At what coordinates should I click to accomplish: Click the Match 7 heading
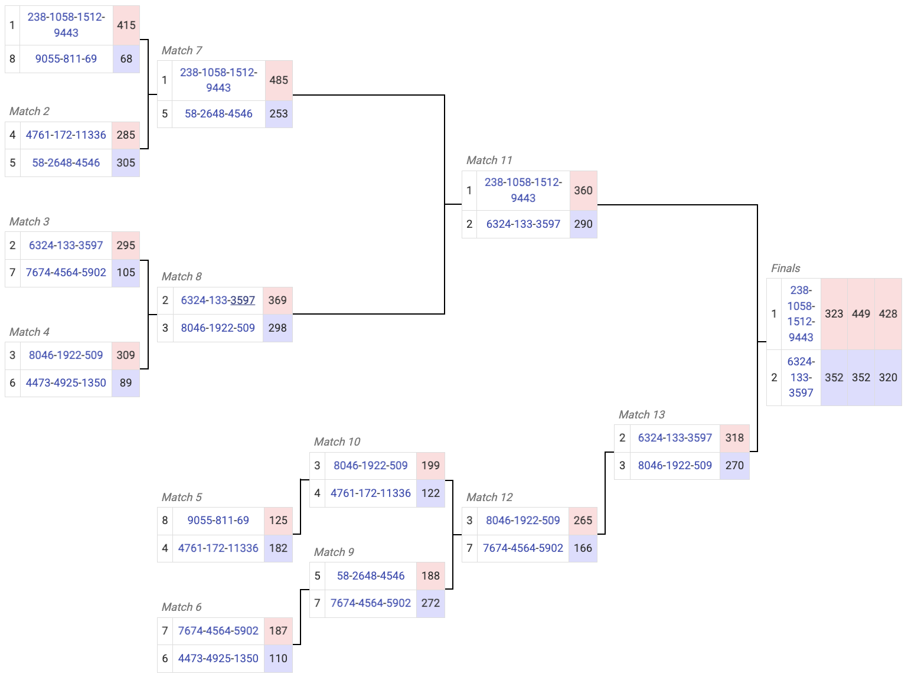(x=182, y=51)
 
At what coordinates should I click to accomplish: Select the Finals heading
(x=785, y=269)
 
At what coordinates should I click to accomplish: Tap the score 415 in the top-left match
(x=126, y=25)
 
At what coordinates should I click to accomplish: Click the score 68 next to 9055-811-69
(x=126, y=59)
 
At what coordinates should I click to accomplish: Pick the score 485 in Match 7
(x=279, y=80)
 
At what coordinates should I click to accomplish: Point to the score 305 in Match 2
(x=126, y=163)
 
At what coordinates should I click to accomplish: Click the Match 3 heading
(x=30, y=222)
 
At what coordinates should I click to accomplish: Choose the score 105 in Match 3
(x=126, y=273)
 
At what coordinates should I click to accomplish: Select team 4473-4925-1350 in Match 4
(x=66, y=383)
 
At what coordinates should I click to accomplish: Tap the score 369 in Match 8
(x=277, y=300)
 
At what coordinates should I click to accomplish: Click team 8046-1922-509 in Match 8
(x=218, y=328)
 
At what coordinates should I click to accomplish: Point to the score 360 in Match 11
(x=583, y=191)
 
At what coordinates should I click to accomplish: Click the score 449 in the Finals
(x=861, y=314)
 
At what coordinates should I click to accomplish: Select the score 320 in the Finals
(x=888, y=378)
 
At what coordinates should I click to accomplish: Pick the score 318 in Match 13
(x=734, y=438)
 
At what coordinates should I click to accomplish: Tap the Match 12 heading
(x=489, y=498)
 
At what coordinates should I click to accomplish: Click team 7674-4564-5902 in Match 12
(x=523, y=548)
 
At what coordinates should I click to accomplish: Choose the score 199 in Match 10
(x=430, y=466)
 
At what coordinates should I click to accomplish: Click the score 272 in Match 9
(x=430, y=603)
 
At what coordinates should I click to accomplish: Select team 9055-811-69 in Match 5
(x=218, y=521)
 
